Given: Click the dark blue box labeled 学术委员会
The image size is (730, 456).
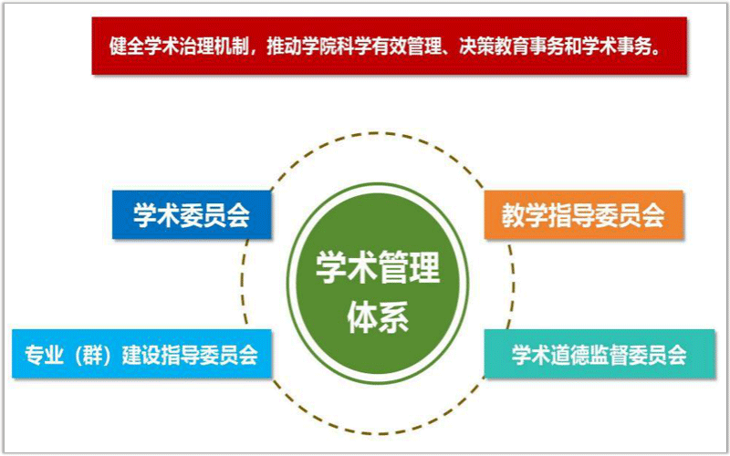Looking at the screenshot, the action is coord(192,214).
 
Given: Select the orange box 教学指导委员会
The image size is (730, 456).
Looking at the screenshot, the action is coord(584,215).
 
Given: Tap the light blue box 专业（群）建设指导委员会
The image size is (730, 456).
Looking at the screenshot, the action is coord(141,354).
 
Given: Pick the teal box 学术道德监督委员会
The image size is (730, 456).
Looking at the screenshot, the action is coord(600,354).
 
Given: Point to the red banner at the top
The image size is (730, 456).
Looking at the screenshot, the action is coord(390,46).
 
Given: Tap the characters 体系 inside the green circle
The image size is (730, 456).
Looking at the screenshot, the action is coord(378,317).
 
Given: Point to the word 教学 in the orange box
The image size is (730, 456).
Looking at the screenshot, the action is coord(523,215).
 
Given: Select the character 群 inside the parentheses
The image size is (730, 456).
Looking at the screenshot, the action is coord(93,355).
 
